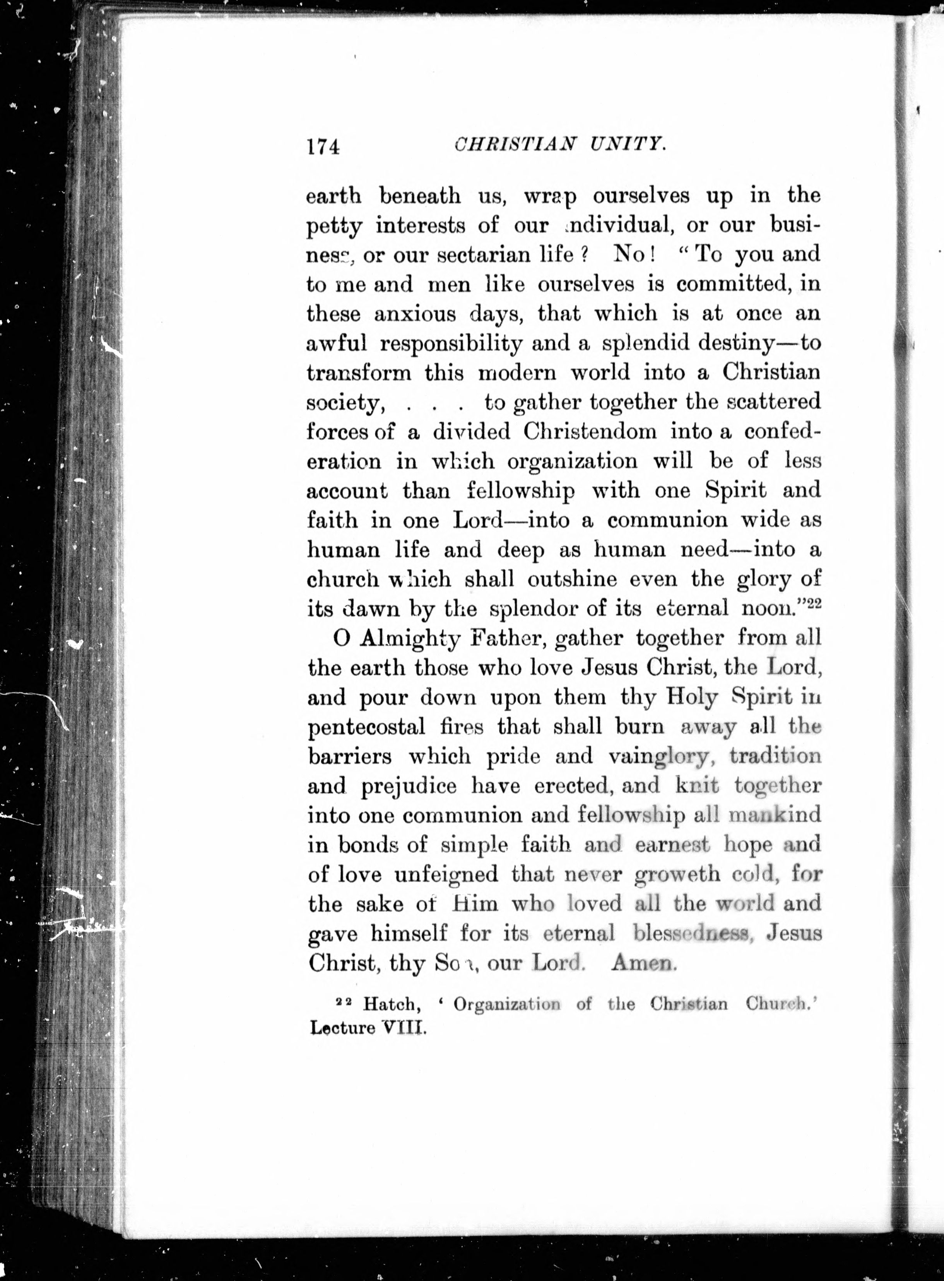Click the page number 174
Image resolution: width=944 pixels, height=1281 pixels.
[323, 147]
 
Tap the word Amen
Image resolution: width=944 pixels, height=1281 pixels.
[643, 963]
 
